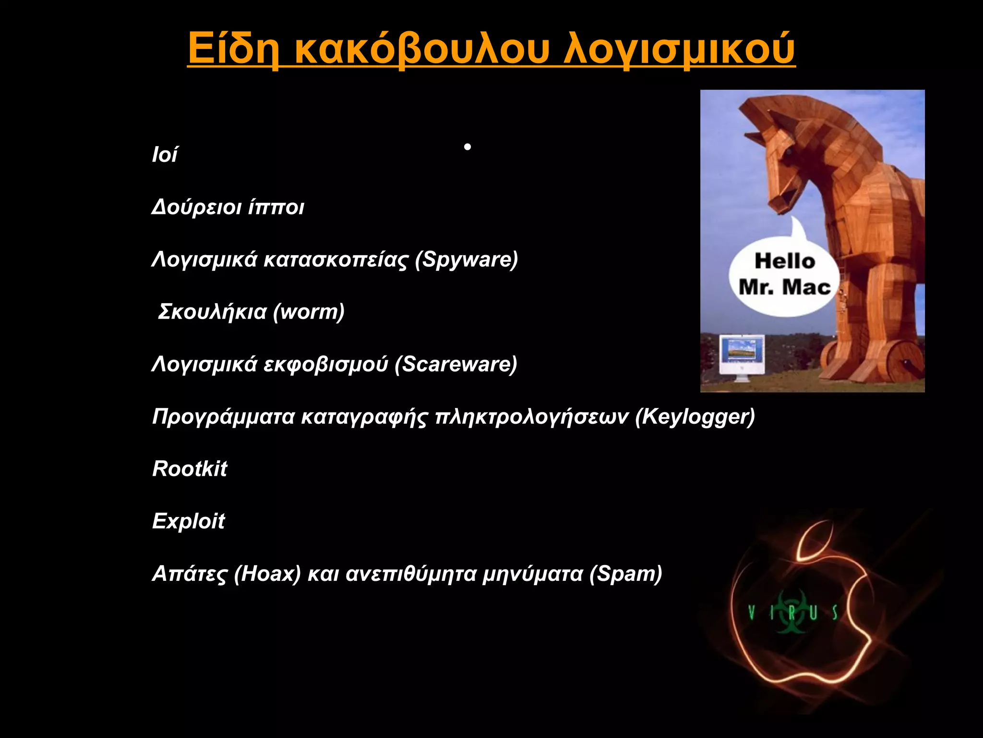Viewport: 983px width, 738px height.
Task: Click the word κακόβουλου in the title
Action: click(x=420, y=49)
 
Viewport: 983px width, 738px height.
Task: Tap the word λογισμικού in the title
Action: click(x=679, y=49)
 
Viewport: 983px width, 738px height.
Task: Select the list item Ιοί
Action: click(x=165, y=155)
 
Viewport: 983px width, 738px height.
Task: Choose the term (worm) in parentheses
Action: click(x=309, y=312)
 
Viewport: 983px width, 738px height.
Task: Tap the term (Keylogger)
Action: click(x=695, y=417)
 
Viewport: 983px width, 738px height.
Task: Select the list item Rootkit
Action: click(x=190, y=469)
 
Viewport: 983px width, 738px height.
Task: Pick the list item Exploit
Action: click(x=189, y=521)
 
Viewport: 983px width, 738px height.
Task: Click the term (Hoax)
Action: click(x=267, y=574)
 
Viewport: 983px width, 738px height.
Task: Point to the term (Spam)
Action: click(x=626, y=574)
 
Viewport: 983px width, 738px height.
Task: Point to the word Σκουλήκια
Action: click(x=212, y=312)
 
